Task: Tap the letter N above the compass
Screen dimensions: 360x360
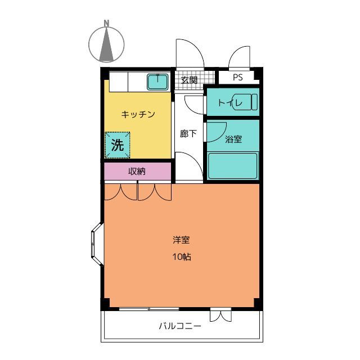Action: (x=106, y=23)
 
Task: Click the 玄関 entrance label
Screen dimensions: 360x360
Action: (x=189, y=80)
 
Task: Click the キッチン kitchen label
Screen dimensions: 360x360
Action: (x=138, y=114)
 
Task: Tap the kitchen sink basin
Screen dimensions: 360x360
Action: (x=157, y=83)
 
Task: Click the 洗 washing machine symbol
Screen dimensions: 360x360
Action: (x=118, y=145)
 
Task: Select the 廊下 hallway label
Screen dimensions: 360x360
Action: (x=188, y=134)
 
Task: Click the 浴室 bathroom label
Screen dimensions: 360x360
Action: (x=233, y=138)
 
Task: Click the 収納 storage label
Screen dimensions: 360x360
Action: (x=137, y=171)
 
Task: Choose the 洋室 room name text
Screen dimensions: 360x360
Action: (x=181, y=240)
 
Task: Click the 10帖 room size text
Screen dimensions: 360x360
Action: (x=181, y=258)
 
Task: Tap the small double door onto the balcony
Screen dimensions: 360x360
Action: (x=220, y=314)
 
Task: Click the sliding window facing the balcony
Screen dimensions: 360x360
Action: (x=149, y=308)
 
